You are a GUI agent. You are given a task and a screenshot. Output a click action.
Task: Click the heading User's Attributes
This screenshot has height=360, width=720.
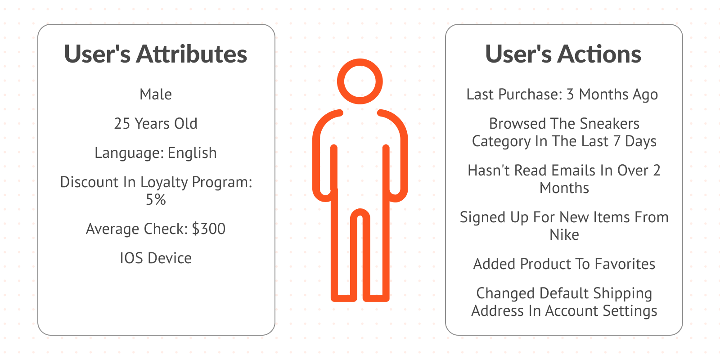156,54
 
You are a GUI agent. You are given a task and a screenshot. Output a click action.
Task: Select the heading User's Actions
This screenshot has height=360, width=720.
563,54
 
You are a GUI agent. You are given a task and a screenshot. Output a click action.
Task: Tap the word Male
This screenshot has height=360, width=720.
156,94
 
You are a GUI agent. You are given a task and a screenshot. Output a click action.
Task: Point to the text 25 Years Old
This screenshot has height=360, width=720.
156,124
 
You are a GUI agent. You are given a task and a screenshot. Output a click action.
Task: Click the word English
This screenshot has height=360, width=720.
192,153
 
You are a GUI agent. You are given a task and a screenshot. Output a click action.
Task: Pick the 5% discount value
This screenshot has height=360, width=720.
156,199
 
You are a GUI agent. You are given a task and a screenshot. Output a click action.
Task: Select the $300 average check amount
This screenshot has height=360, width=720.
209,229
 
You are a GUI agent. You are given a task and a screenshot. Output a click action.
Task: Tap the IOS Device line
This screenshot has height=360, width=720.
156,258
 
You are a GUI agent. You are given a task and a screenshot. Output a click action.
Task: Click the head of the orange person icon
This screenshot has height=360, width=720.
360,81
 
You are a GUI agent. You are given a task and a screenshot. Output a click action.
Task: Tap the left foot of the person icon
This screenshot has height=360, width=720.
344,297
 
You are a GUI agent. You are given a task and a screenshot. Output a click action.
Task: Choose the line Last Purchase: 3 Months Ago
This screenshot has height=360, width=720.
562,94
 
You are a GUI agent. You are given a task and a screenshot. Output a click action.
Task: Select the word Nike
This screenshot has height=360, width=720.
564,235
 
